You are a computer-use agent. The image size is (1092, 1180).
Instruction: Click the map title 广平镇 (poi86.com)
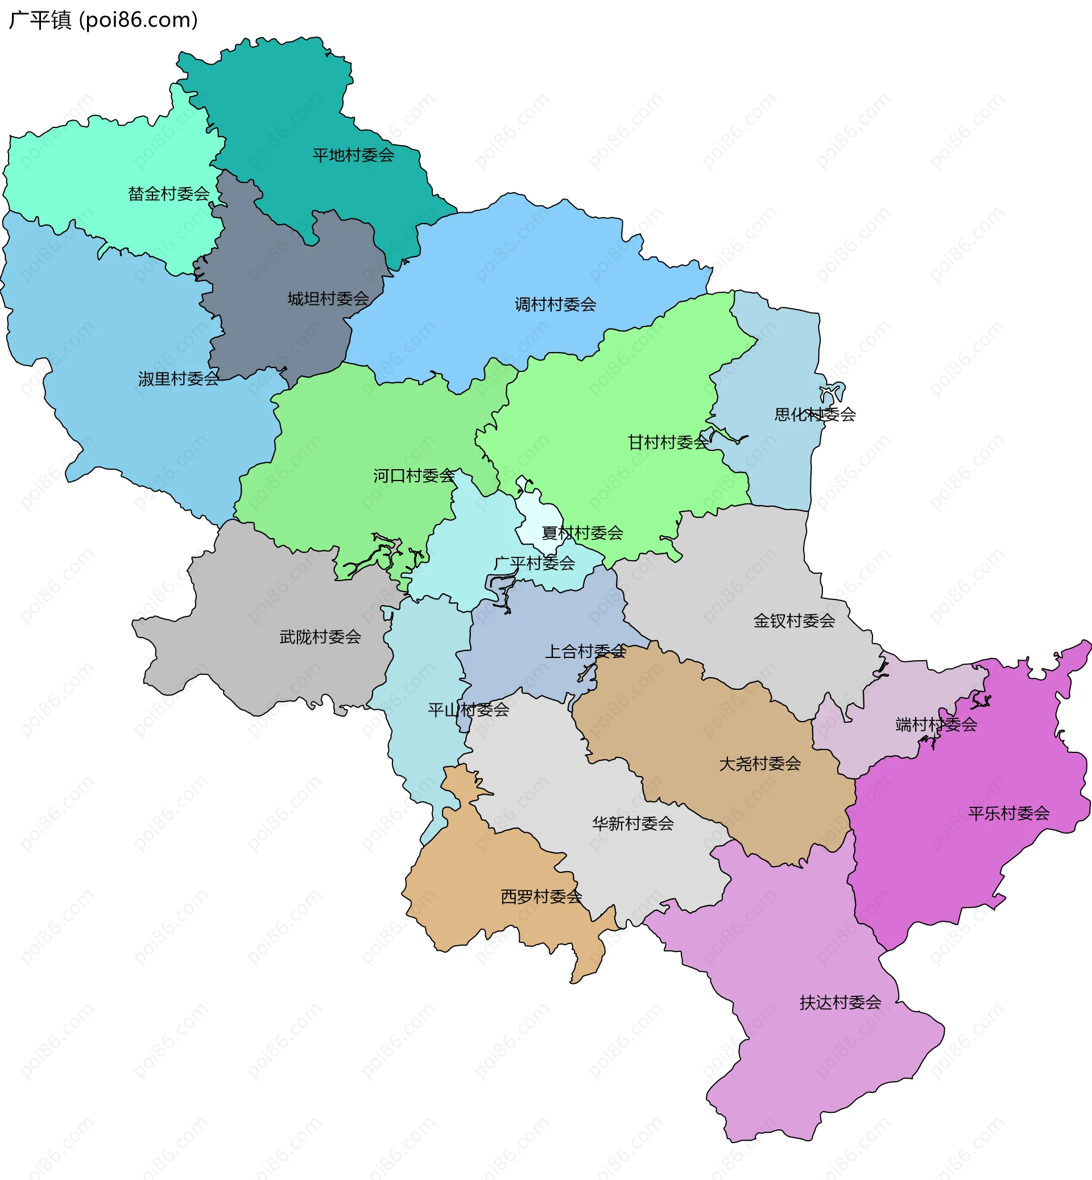point(104,20)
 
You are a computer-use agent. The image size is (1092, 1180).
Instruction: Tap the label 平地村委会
point(353,155)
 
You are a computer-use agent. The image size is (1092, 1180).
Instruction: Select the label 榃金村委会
point(169,194)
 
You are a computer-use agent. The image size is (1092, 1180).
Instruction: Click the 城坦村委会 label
point(328,299)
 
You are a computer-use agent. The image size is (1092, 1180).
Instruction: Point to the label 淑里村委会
point(179,379)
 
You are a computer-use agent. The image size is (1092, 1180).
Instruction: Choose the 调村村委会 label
point(556,305)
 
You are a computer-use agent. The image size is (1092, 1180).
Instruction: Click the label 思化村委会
point(815,415)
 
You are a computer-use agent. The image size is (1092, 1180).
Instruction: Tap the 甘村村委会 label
point(668,442)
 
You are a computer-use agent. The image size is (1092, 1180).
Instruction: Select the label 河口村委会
point(414,475)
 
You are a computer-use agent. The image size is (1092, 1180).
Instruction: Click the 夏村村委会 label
point(582,533)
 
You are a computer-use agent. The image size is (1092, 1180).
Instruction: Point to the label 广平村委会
point(534,563)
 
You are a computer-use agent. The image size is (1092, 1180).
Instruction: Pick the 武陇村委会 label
point(320,637)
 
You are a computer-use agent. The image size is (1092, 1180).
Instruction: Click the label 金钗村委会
point(794,620)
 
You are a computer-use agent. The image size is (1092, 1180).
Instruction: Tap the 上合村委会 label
point(585,652)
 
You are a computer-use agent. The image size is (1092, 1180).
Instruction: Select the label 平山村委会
point(469,710)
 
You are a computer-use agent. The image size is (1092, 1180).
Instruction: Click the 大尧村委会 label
point(760,764)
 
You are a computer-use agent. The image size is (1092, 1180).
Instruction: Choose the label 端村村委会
point(936,724)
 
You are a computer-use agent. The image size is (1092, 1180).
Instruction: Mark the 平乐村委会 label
point(1009,814)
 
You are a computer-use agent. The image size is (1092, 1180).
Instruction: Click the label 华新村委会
point(633,823)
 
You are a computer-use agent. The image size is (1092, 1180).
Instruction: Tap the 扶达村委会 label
point(840,1003)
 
